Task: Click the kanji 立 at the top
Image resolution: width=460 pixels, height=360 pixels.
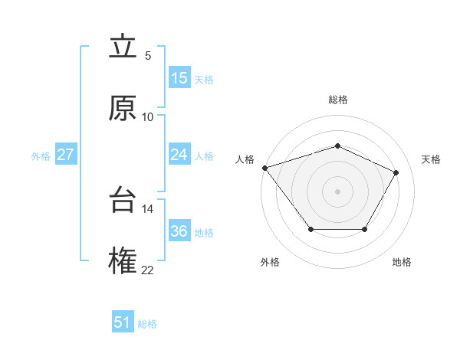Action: (x=123, y=48)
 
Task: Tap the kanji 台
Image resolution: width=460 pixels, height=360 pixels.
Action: (x=123, y=201)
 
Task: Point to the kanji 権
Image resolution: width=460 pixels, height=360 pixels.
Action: (x=123, y=260)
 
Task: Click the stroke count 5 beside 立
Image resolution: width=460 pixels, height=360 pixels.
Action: (x=148, y=56)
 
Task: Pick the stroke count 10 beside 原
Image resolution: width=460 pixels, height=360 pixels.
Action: (x=148, y=116)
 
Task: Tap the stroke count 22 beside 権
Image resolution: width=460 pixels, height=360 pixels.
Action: (x=148, y=270)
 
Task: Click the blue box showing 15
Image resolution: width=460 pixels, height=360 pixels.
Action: (x=179, y=78)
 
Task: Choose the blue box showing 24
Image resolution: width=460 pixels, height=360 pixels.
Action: (x=179, y=155)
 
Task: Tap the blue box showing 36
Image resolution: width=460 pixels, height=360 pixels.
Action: (x=179, y=231)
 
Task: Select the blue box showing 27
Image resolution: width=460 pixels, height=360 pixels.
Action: (x=66, y=155)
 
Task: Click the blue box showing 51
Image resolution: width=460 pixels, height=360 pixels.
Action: (x=123, y=322)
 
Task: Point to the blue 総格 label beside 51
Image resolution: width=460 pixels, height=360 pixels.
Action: (x=147, y=324)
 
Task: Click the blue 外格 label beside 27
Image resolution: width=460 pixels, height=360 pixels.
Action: (x=41, y=156)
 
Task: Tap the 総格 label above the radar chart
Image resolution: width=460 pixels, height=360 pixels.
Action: (x=337, y=100)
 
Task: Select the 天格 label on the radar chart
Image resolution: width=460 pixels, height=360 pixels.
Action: (x=431, y=159)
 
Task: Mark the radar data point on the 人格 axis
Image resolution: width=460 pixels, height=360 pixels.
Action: (x=264, y=168)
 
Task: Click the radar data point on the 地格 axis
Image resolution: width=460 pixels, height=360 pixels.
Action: (x=365, y=229)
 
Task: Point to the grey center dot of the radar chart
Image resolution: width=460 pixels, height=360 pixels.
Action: (x=337, y=191)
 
